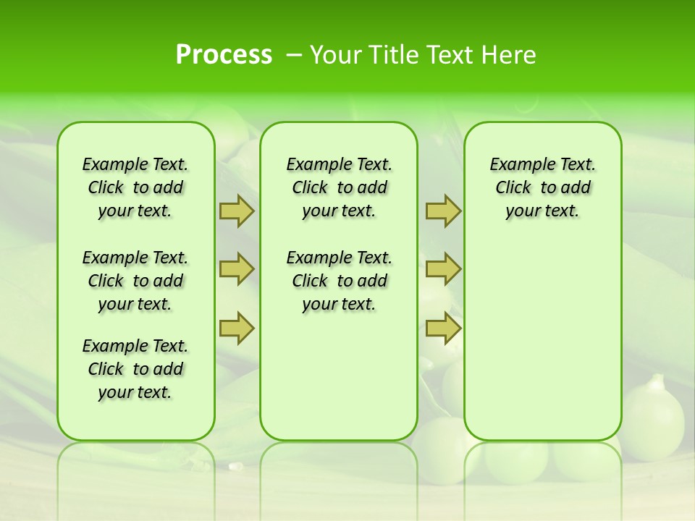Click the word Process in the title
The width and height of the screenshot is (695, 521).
point(224,55)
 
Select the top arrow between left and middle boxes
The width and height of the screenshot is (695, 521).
point(237,211)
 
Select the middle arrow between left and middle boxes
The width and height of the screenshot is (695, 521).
point(237,269)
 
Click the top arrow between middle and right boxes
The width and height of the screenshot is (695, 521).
point(443,211)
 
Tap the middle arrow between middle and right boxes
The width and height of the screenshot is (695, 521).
point(443,269)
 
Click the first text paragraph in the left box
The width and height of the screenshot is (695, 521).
point(135,187)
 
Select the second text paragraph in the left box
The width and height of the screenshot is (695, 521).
point(135,281)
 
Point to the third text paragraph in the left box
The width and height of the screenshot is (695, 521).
point(135,369)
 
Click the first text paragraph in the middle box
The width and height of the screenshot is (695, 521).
point(339,187)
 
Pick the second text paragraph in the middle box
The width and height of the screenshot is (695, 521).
point(339,281)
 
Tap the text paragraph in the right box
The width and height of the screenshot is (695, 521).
point(542,187)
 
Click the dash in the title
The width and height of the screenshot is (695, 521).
point(293,55)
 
